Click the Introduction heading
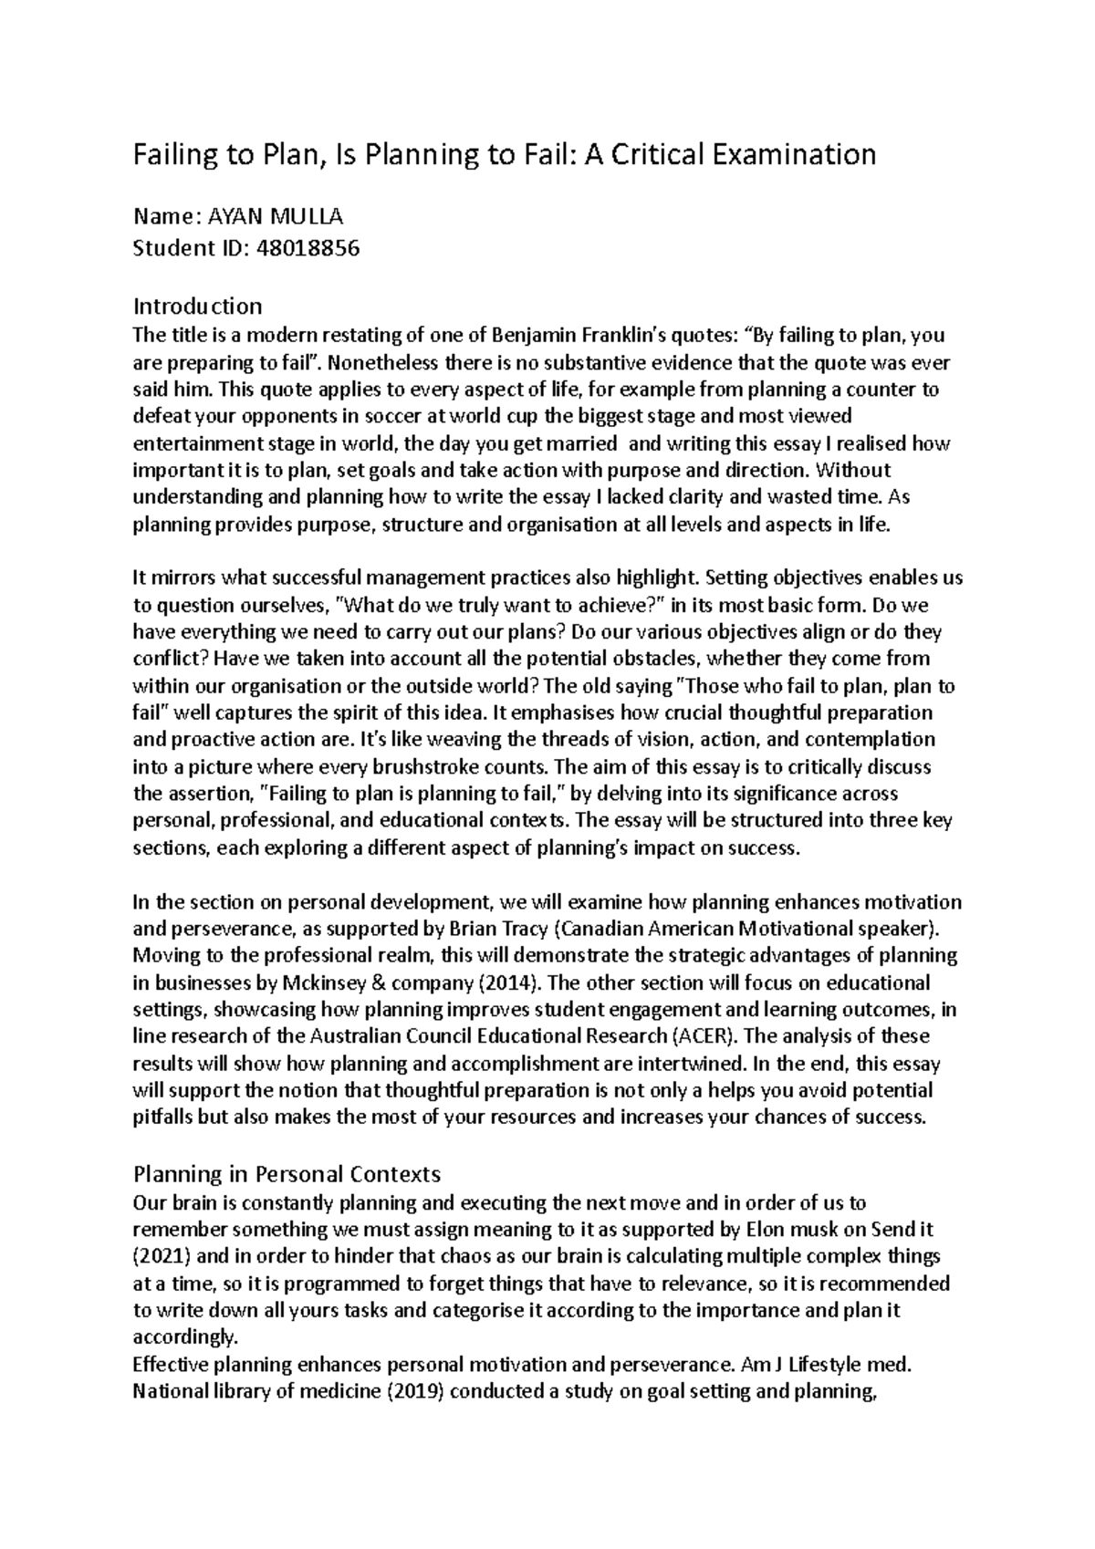tap(197, 305)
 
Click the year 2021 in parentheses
tap(162, 1257)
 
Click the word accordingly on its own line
tap(183, 1338)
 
